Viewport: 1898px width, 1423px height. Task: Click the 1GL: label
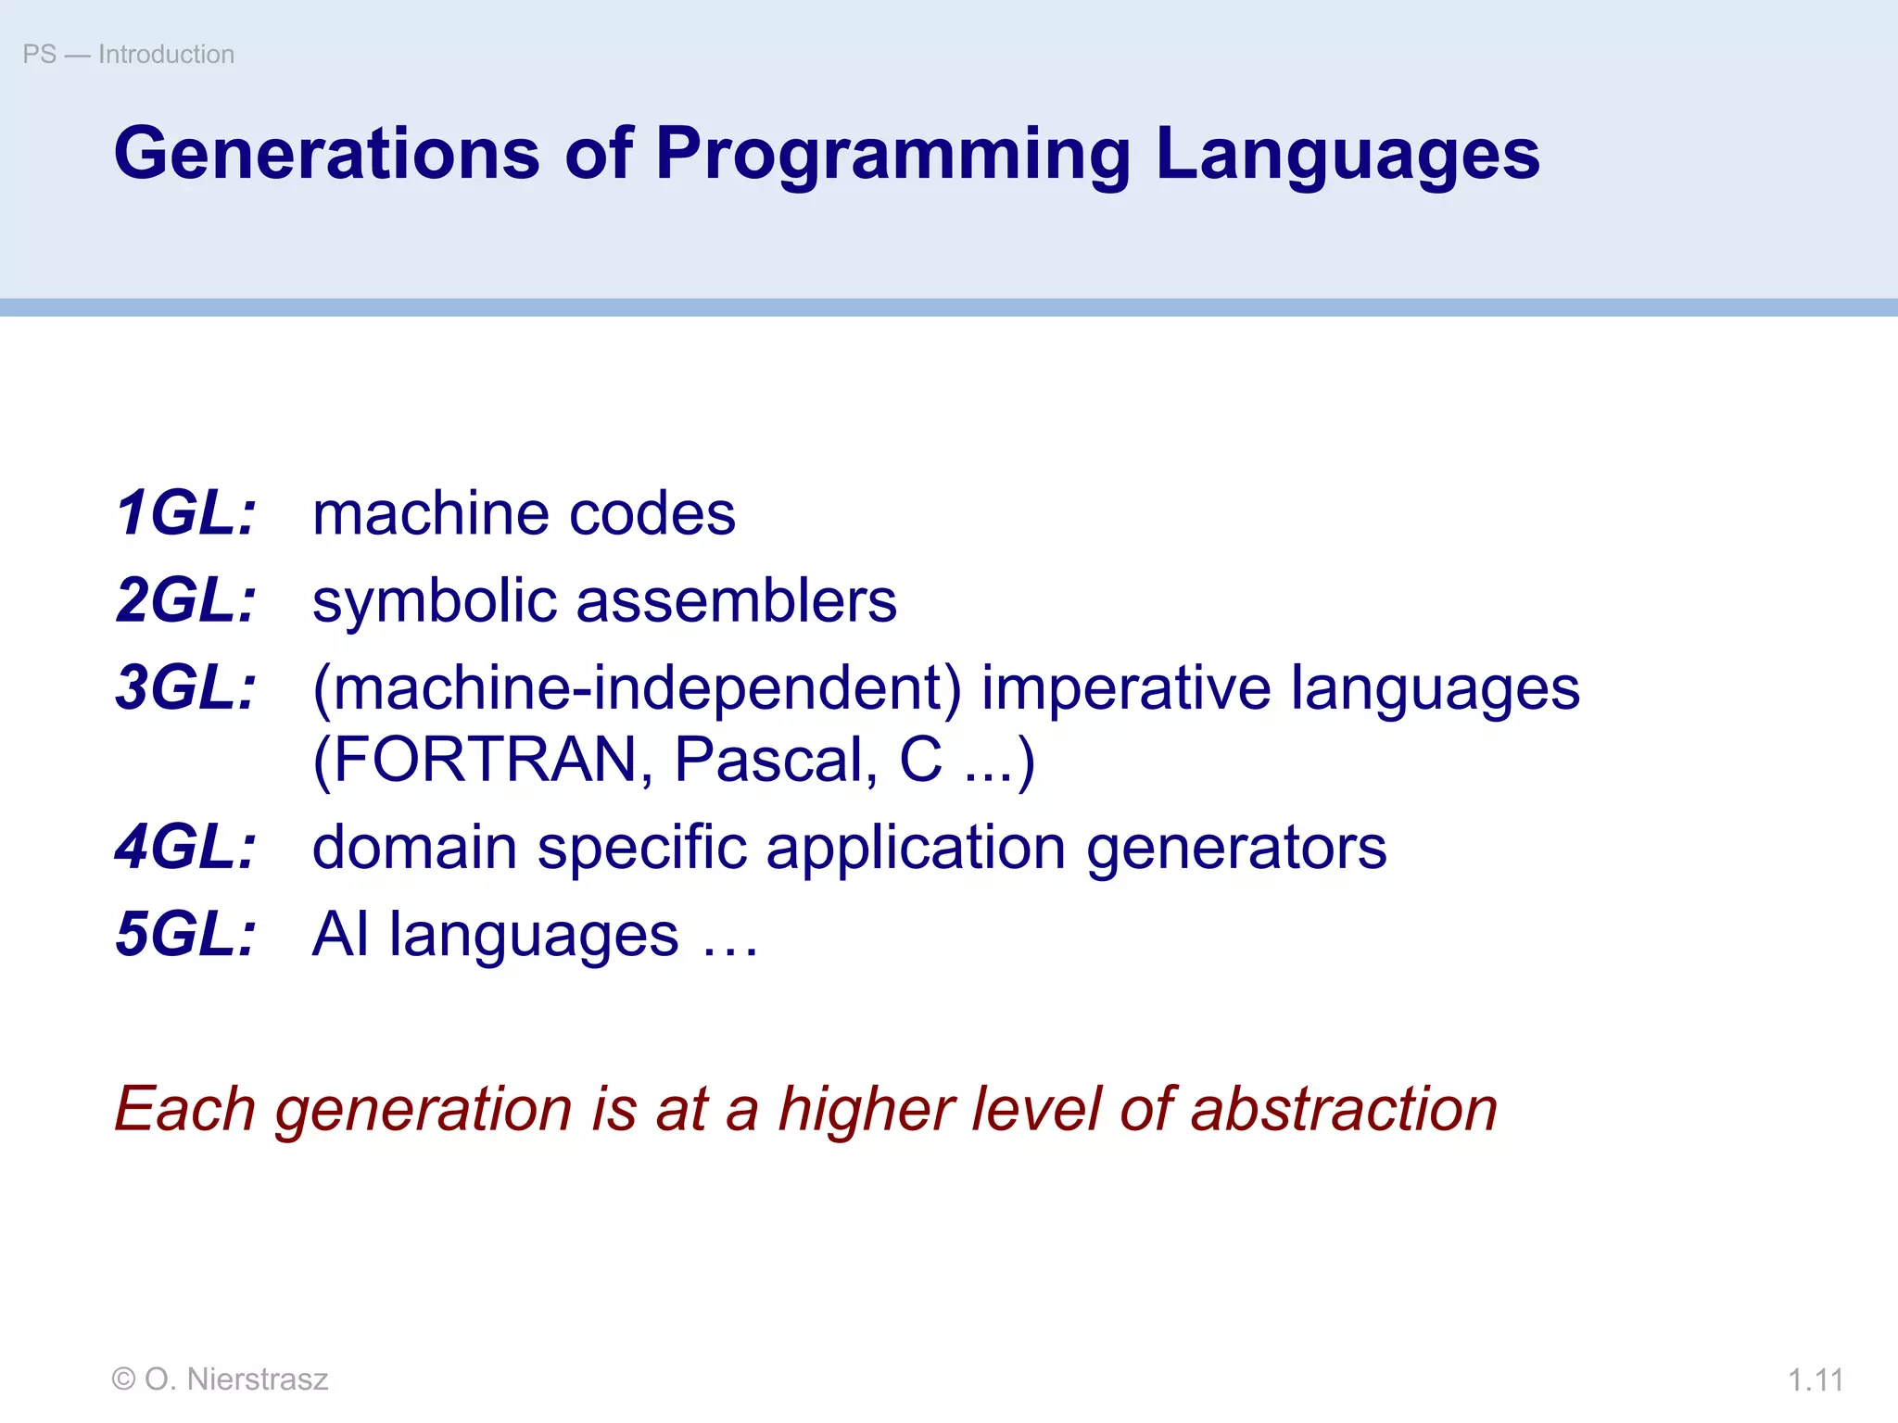click(x=185, y=514)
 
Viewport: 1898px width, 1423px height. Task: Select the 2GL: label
click(x=185, y=600)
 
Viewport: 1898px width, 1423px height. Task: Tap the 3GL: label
click(x=185, y=687)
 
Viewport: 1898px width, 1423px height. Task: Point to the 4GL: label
click(x=185, y=847)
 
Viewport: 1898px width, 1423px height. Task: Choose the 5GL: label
click(x=185, y=934)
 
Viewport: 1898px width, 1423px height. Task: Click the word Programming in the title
click(x=893, y=156)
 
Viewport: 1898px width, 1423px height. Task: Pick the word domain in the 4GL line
click(x=414, y=847)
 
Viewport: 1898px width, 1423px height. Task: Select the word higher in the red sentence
click(x=867, y=1110)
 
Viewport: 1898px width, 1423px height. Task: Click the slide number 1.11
click(x=1815, y=1380)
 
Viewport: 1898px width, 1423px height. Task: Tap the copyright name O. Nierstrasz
click(x=235, y=1379)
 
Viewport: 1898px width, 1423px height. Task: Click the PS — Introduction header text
click(x=129, y=55)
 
